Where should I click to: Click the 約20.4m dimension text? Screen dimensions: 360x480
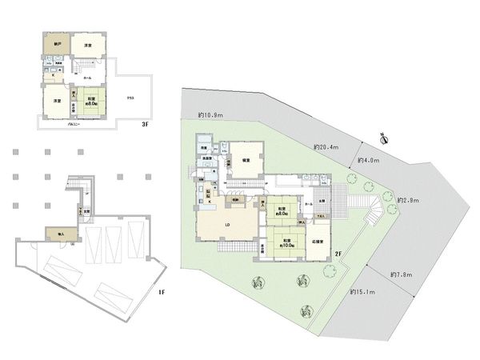click(x=326, y=147)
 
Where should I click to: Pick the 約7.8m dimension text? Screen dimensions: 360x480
click(x=402, y=276)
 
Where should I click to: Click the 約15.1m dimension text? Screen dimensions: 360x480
click(x=364, y=292)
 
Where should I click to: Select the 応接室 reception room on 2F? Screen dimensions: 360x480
click(x=317, y=240)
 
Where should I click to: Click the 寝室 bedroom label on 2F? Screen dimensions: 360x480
click(x=246, y=160)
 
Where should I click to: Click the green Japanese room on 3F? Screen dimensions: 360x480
click(x=90, y=101)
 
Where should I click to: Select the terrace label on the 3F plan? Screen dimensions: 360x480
click(x=130, y=97)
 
